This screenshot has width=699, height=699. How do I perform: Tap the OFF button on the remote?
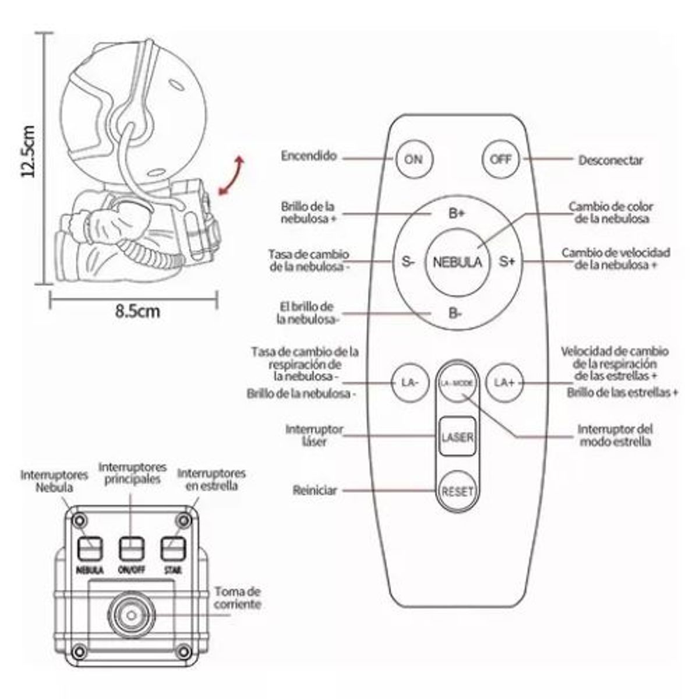500,158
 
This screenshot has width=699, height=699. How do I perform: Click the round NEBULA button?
458,262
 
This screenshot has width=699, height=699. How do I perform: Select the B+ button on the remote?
457,214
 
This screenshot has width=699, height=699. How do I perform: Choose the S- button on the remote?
408,262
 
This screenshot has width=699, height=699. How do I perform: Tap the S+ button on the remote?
507,262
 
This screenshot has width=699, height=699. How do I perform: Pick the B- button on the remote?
456,313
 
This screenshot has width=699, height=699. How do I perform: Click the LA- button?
410,383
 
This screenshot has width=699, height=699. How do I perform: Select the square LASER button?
457,436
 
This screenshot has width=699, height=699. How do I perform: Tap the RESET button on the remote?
457,491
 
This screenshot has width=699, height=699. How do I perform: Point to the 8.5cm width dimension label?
136,310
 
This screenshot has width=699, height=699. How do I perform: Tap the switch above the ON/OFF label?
131,548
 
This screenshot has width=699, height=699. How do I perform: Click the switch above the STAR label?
173,548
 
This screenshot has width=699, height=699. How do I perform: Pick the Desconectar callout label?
610,160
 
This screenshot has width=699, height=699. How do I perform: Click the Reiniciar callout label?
315,490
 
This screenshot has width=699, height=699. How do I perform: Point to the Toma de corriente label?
237,598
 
